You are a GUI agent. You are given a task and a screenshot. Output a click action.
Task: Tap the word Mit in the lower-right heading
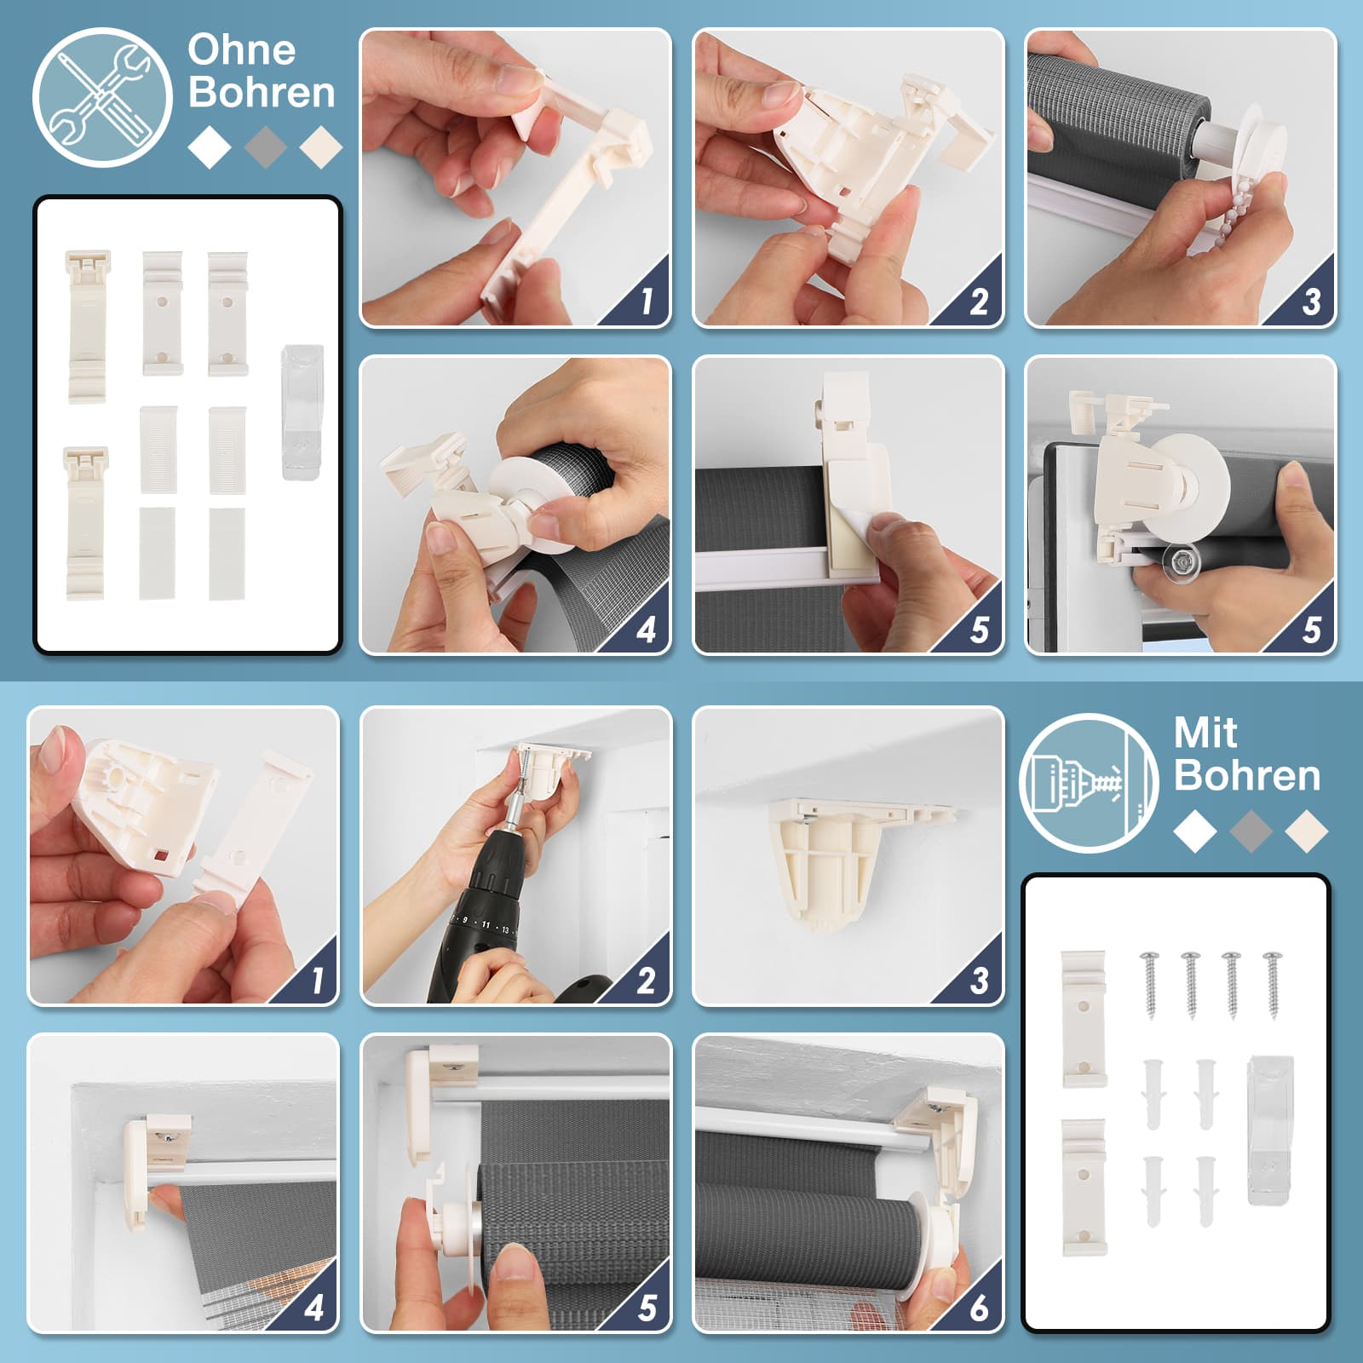(1205, 733)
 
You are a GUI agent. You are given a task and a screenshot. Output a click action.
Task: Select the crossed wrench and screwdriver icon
(102, 97)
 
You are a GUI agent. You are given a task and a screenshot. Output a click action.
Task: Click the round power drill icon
(1090, 783)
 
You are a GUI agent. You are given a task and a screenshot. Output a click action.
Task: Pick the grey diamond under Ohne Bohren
(266, 147)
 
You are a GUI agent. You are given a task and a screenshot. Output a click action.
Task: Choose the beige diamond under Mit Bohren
(1307, 831)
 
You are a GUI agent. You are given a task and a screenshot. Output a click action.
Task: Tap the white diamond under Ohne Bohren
(210, 147)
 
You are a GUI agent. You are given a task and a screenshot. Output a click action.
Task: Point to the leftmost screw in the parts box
(1150, 984)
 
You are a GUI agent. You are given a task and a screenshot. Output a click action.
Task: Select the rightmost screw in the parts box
(1273, 984)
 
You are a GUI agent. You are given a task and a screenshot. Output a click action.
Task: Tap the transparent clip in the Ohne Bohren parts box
(302, 411)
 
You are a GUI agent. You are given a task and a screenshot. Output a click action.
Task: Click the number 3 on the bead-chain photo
(1312, 302)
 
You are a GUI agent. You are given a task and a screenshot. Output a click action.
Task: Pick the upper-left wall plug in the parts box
(1153, 1093)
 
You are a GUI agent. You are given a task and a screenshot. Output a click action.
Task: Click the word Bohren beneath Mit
(1248, 775)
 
